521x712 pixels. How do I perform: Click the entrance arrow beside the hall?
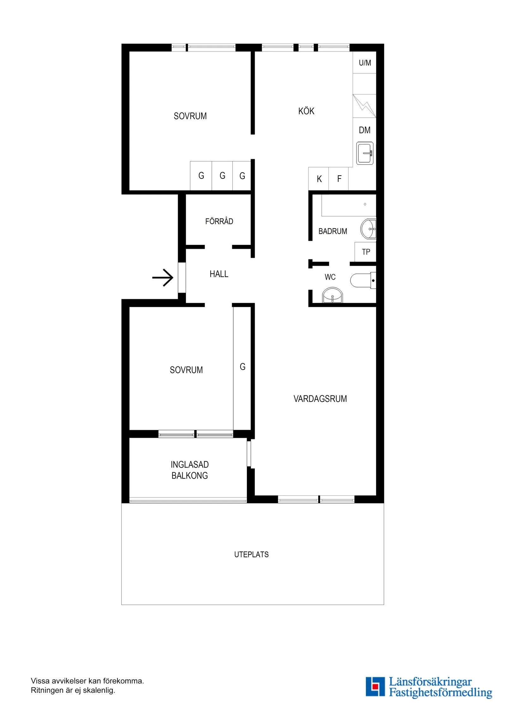click(x=163, y=278)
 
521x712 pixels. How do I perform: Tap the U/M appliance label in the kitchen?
click(x=365, y=63)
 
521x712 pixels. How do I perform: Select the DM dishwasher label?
click(x=365, y=130)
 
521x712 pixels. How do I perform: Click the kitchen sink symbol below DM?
click(x=365, y=153)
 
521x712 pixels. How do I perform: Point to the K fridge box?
click(x=319, y=179)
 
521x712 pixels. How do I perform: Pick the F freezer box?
click(x=339, y=179)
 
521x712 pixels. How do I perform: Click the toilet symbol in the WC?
click(x=362, y=281)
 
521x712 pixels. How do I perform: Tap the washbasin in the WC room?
click(x=332, y=296)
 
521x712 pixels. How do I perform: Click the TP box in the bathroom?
click(x=366, y=252)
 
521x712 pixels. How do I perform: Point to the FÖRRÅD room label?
click(x=219, y=221)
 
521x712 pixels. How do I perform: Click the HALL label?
click(x=219, y=274)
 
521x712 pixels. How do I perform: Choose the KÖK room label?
click(x=306, y=111)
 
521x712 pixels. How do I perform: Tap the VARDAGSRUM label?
click(x=320, y=399)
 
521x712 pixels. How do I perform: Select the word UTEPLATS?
click(x=251, y=555)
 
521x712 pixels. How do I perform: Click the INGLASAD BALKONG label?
click(x=189, y=470)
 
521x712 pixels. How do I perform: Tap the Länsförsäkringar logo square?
click(x=375, y=686)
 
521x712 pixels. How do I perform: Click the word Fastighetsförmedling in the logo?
click(x=440, y=692)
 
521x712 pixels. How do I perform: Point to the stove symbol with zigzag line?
click(x=364, y=106)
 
